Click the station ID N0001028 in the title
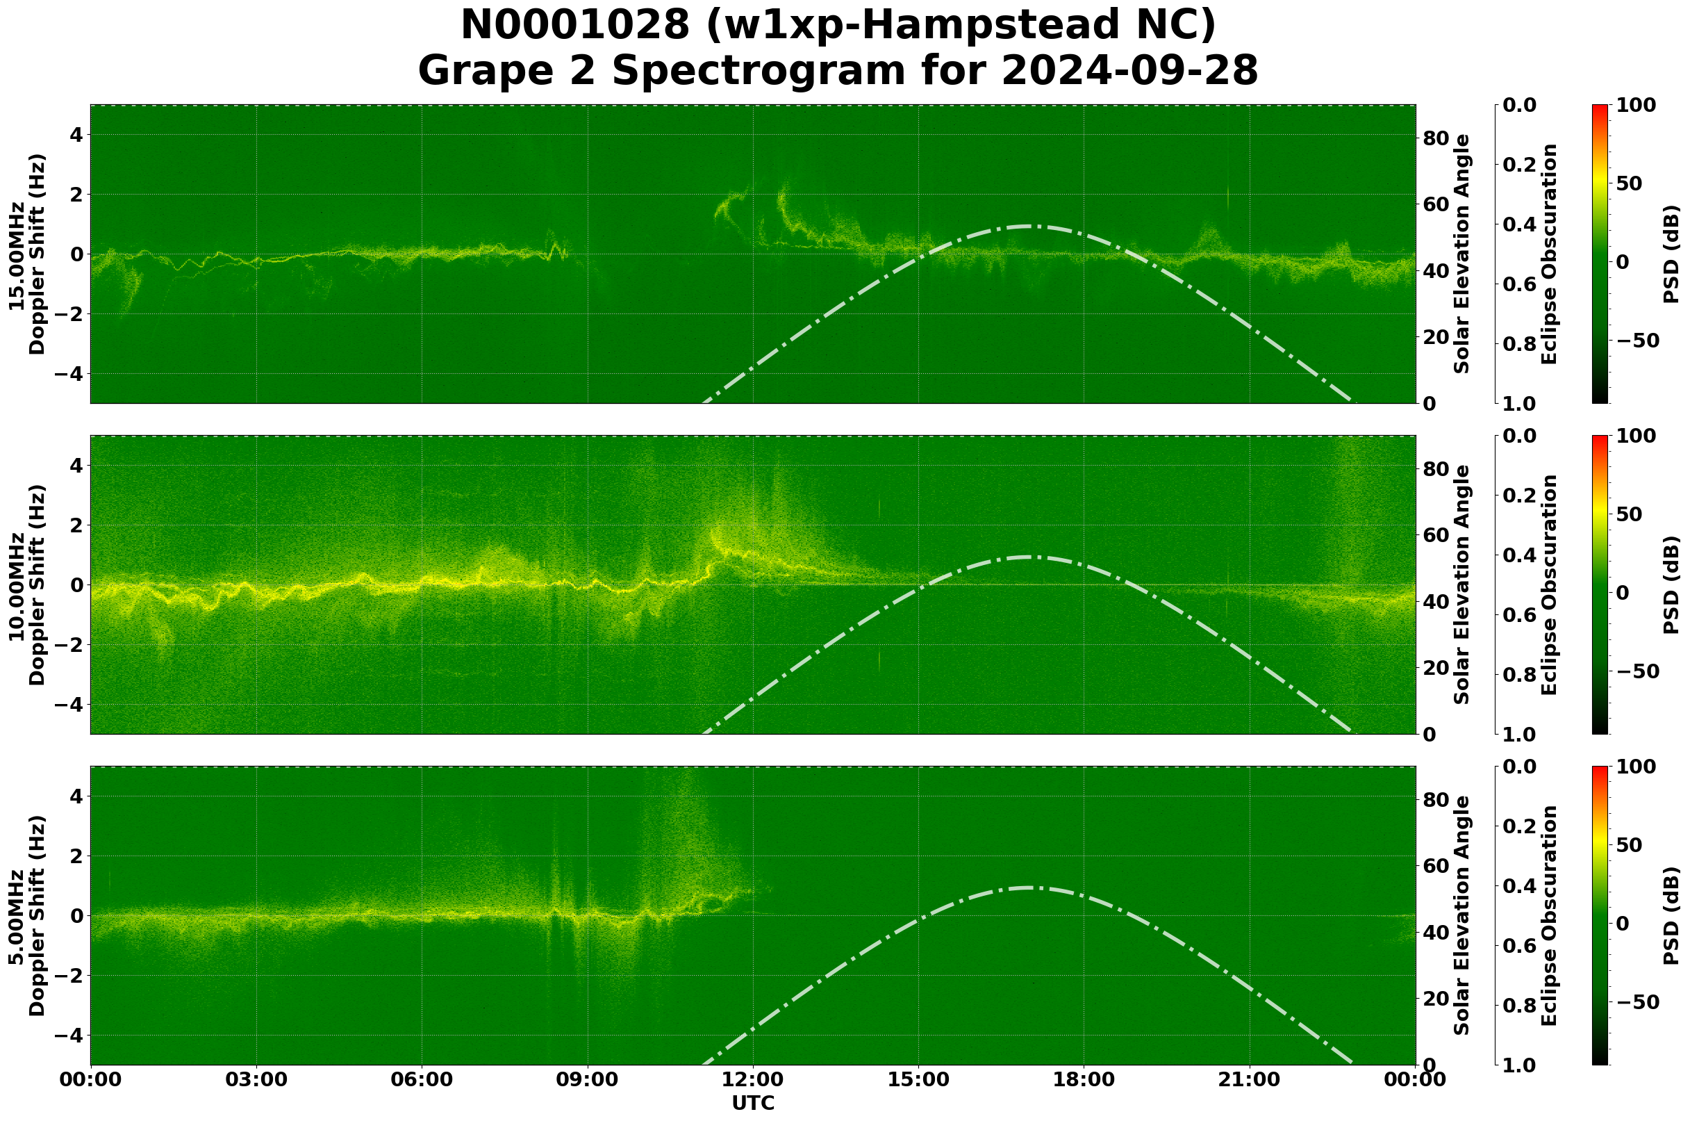coord(576,25)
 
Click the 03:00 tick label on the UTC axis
coord(256,1079)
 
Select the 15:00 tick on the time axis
coord(918,1079)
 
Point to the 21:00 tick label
coord(1249,1079)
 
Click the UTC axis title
coord(753,1103)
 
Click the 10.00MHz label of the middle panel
coord(17,586)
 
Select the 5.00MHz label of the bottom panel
coord(17,917)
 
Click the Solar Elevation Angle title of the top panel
coord(1462,254)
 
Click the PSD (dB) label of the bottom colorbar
coord(1671,916)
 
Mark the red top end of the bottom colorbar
coord(1600,768)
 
